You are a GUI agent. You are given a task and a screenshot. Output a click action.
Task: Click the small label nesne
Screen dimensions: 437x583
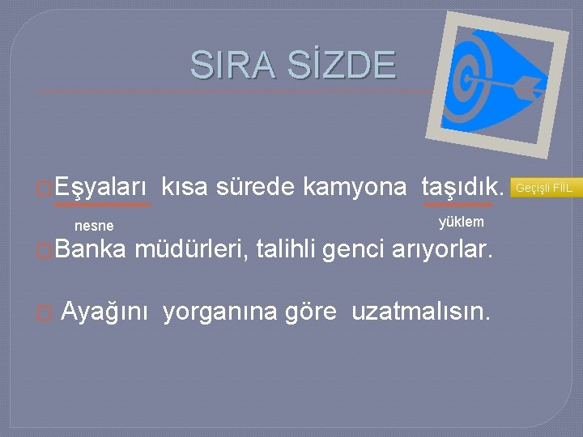point(94,226)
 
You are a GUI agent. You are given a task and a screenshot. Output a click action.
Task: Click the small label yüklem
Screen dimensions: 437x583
point(461,222)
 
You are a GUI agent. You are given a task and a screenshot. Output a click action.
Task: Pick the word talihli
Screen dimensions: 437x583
point(286,251)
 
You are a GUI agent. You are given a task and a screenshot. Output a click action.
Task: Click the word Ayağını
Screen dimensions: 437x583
point(104,311)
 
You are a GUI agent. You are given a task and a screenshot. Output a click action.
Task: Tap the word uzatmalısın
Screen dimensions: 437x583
point(420,311)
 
